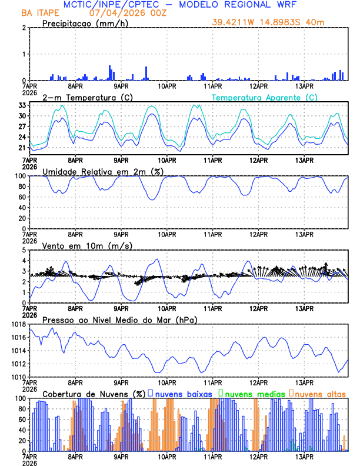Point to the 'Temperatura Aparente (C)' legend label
coord(265,97)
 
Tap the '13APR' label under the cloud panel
coord(304,457)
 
